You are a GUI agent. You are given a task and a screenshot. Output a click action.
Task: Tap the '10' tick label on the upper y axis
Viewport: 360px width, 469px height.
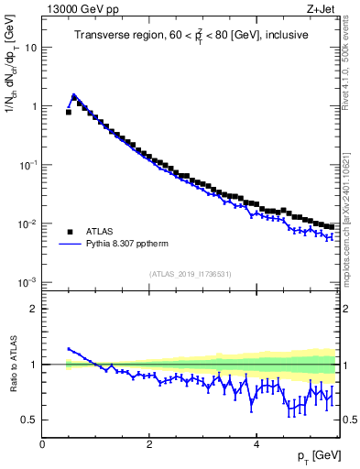[x=30, y=48]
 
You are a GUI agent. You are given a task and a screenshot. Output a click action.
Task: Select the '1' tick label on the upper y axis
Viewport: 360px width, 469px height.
[x=34, y=106]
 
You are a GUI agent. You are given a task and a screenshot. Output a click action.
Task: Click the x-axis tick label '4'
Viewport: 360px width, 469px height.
[x=256, y=444]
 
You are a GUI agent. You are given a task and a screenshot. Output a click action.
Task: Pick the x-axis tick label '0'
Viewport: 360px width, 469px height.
[x=42, y=444]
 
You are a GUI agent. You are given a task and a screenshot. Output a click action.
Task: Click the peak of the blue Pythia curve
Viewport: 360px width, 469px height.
[x=74, y=93]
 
